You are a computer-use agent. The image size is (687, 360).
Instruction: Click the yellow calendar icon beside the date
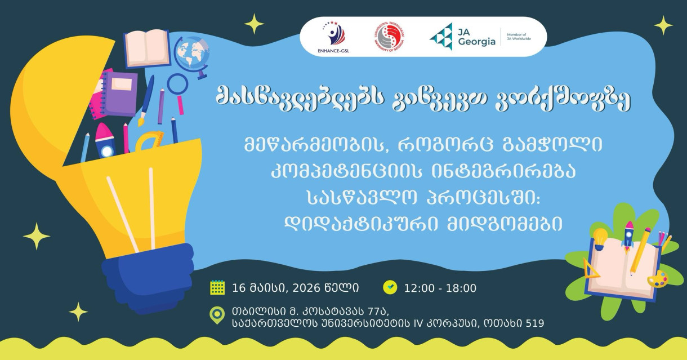pyautogui.click(x=217, y=287)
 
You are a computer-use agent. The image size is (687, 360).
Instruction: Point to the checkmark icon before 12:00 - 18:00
pyautogui.click(x=390, y=287)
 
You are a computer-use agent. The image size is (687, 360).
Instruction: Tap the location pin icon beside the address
pyautogui.click(x=216, y=315)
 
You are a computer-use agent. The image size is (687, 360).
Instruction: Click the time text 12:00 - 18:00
pyautogui.click(x=440, y=288)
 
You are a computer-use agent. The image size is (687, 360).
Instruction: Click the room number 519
pyautogui.click(x=534, y=323)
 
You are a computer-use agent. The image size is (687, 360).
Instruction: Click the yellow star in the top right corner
pyautogui.click(x=663, y=25)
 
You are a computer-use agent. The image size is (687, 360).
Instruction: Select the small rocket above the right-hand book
pyautogui.click(x=628, y=235)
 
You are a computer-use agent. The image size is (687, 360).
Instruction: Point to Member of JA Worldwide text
pyautogui.click(x=518, y=37)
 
